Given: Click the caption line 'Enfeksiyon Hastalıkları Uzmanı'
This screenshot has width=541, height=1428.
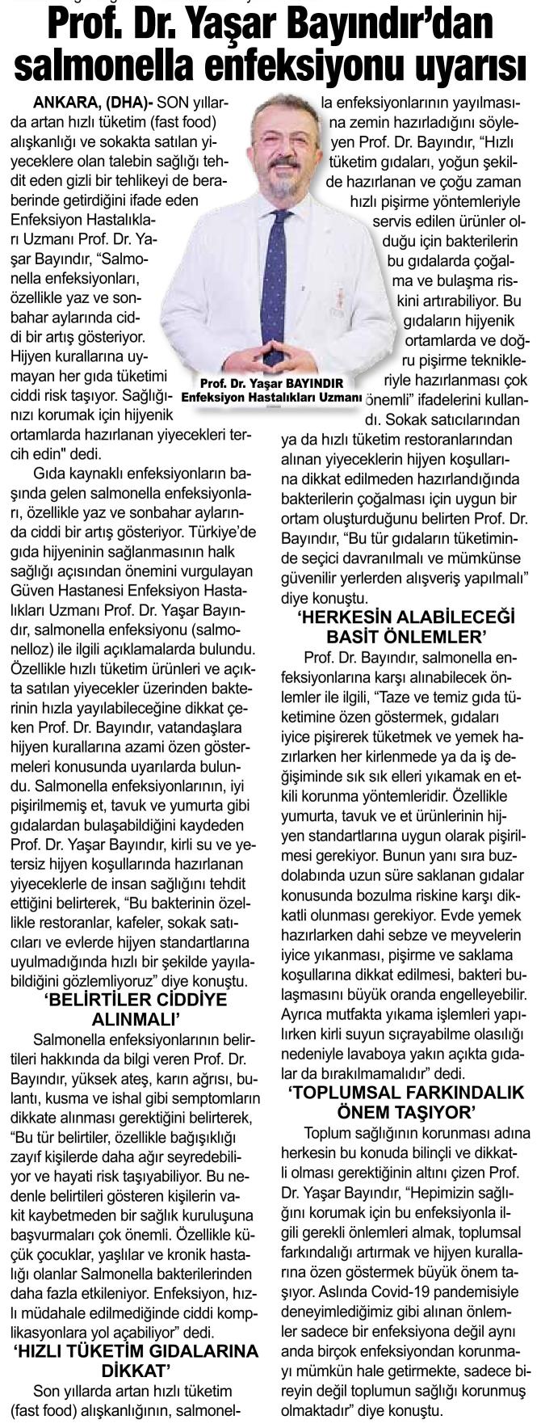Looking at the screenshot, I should (x=271, y=398).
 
